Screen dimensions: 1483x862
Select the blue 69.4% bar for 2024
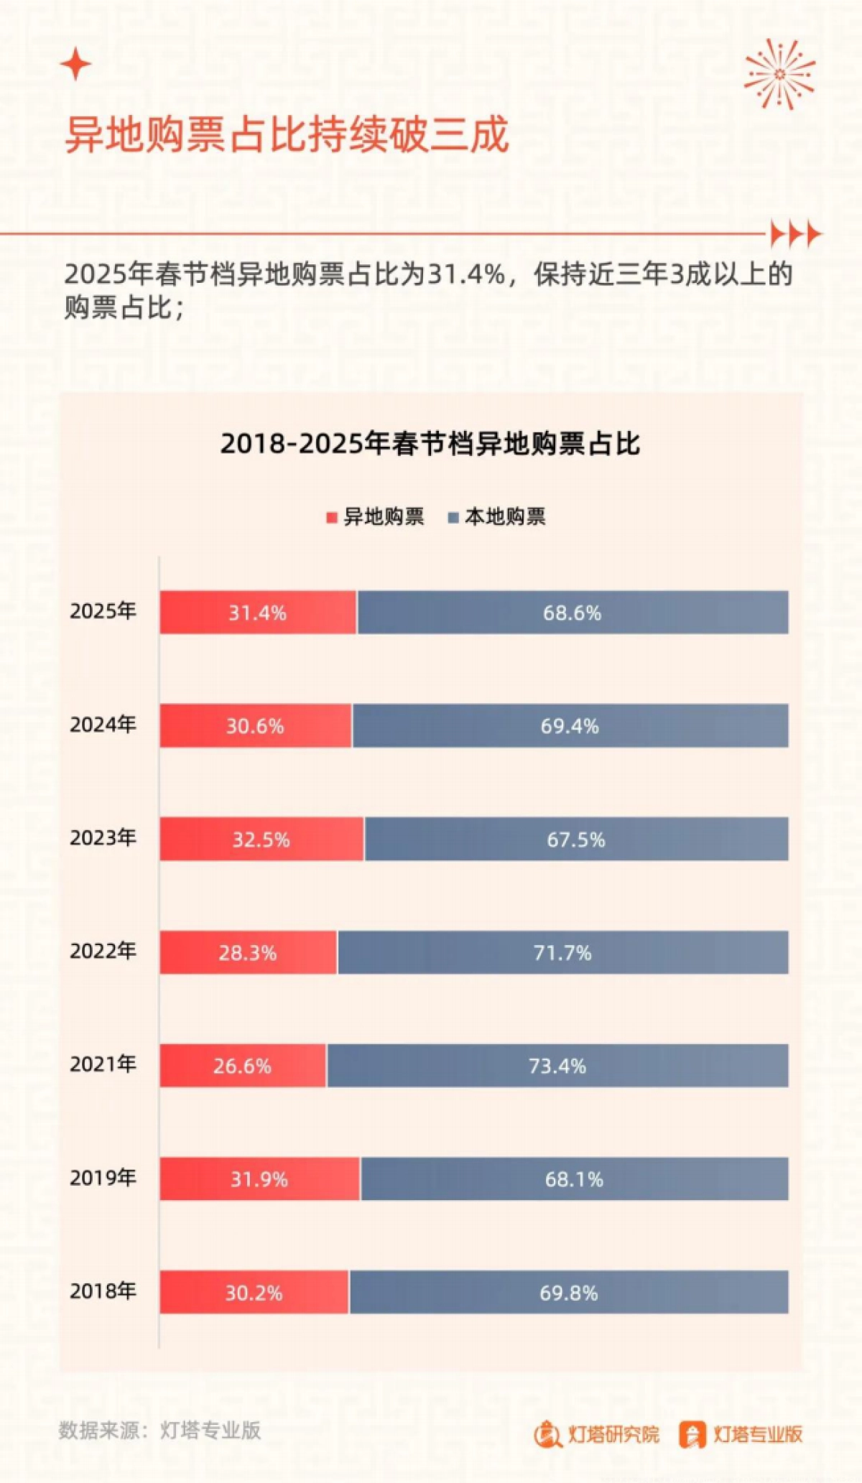click(570, 725)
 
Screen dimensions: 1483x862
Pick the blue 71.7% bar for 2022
click(562, 952)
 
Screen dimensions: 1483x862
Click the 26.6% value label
click(242, 1066)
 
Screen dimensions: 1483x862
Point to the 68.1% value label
click(574, 1179)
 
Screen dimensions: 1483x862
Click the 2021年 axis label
click(103, 1064)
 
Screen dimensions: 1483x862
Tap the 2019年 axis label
click(103, 1177)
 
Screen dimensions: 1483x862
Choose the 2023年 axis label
click(103, 837)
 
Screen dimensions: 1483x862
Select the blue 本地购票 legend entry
click(497, 516)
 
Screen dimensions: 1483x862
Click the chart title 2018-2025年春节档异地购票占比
click(430, 444)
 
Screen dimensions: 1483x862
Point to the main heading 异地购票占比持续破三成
click(287, 134)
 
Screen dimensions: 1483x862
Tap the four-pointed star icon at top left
click(75, 65)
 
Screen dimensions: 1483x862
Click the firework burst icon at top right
click(779, 74)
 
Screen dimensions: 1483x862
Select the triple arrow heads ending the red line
click(795, 234)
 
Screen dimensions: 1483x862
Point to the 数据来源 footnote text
click(159, 1430)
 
